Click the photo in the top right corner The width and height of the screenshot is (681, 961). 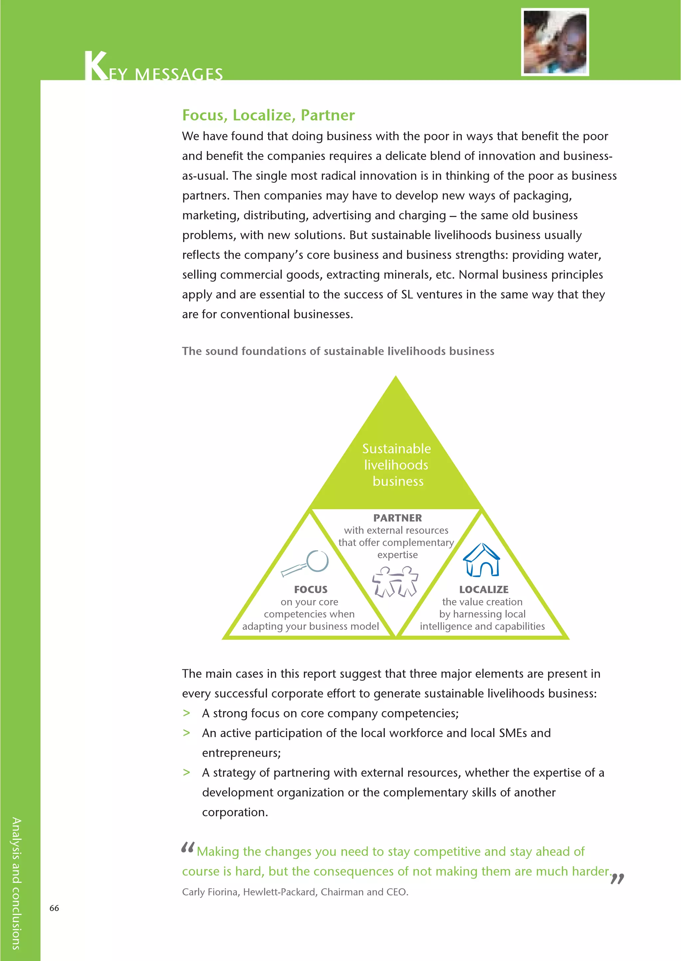tap(555, 42)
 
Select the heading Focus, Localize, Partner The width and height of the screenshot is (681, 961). tap(268, 115)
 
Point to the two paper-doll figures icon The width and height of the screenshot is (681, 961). tap(395, 581)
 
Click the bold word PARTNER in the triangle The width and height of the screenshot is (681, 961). tap(398, 518)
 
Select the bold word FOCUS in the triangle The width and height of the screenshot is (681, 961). tap(311, 590)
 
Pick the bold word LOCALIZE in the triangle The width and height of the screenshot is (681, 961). tap(483, 590)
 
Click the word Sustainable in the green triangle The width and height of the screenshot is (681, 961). tap(396, 449)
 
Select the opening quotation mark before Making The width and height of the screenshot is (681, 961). tap(188, 848)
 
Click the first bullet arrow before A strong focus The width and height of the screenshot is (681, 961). tap(187, 713)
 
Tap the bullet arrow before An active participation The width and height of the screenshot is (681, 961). tap(187, 733)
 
